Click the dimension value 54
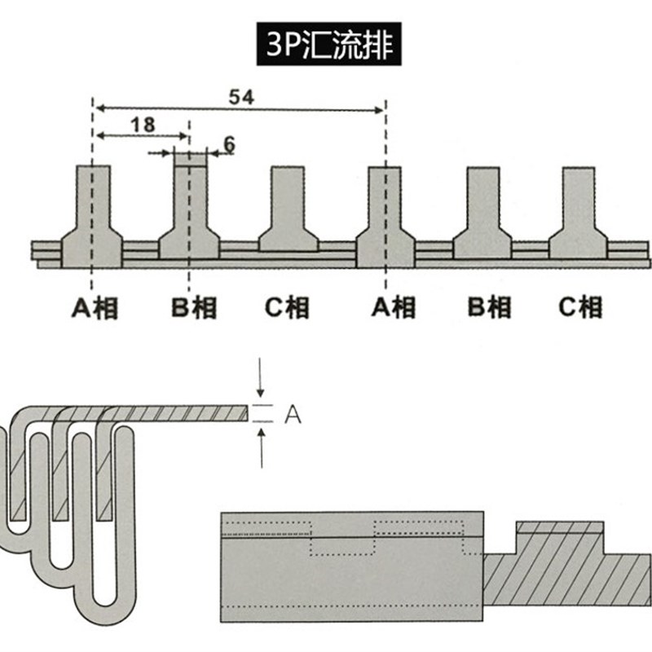coord(240,96)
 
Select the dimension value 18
coord(142,125)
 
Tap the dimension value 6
coord(228,144)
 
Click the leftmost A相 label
coord(94,307)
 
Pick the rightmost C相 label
coord(580,307)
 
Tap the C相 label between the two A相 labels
coord(288,307)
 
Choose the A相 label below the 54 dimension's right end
coord(393,307)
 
